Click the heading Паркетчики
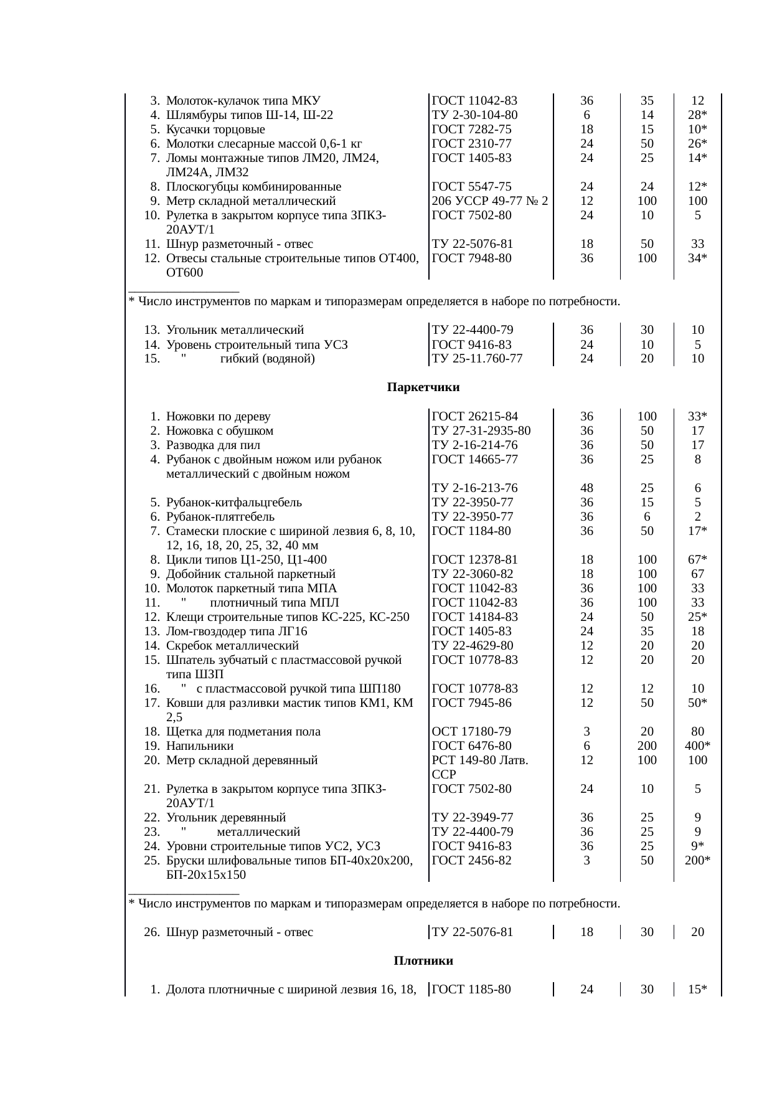pyautogui.click(x=423, y=387)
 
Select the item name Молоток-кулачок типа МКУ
pyautogui.click(x=243, y=100)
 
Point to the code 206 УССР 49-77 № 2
pyautogui.click(x=489, y=201)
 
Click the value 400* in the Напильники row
pyautogui.click(x=698, y=745)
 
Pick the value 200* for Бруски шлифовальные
pyautogui.click(x=698, y=860)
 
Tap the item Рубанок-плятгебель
pyautogui.click(x=220, y=516)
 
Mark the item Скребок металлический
pyautogui.click(x=232, y=645)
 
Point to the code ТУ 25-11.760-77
pyautogui.click(x=476, y=358)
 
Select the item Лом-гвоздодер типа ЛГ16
pyautogui.click(x=237, y=631)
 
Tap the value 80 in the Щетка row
pyautogui.click(x=698, y=731)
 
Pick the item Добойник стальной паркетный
pyautogui.click(x=251, y=574)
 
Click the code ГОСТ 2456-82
pyautogui.click(x=471, y=860)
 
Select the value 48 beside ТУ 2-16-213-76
pyautogui.click(x=586, y=488)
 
